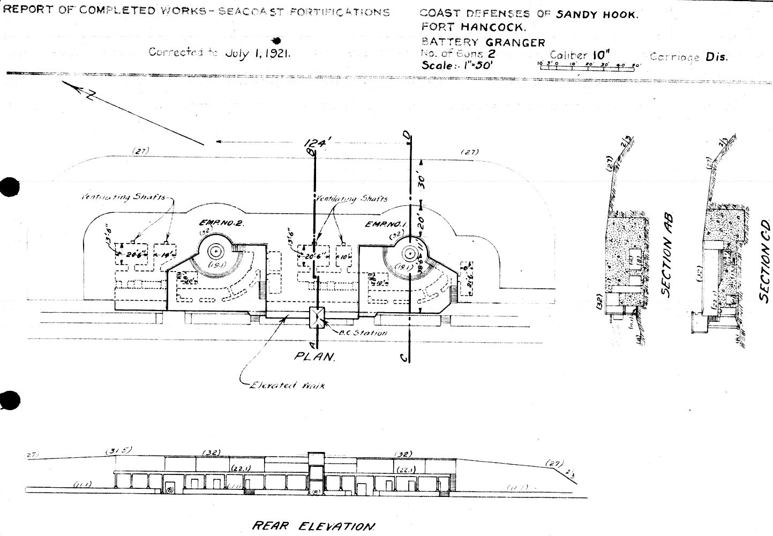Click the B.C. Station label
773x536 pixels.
[363, 333]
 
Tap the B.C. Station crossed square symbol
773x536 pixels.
[317, 318]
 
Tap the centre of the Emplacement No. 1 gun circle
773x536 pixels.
[410, 251]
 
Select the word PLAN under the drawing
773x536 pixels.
[315, 356]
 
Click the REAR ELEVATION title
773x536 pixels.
[314, 526]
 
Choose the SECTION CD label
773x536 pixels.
[764, 260]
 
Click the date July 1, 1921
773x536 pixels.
[257, 53]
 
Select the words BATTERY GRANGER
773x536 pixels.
[483, 42]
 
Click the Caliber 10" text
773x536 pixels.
[580, 55]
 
